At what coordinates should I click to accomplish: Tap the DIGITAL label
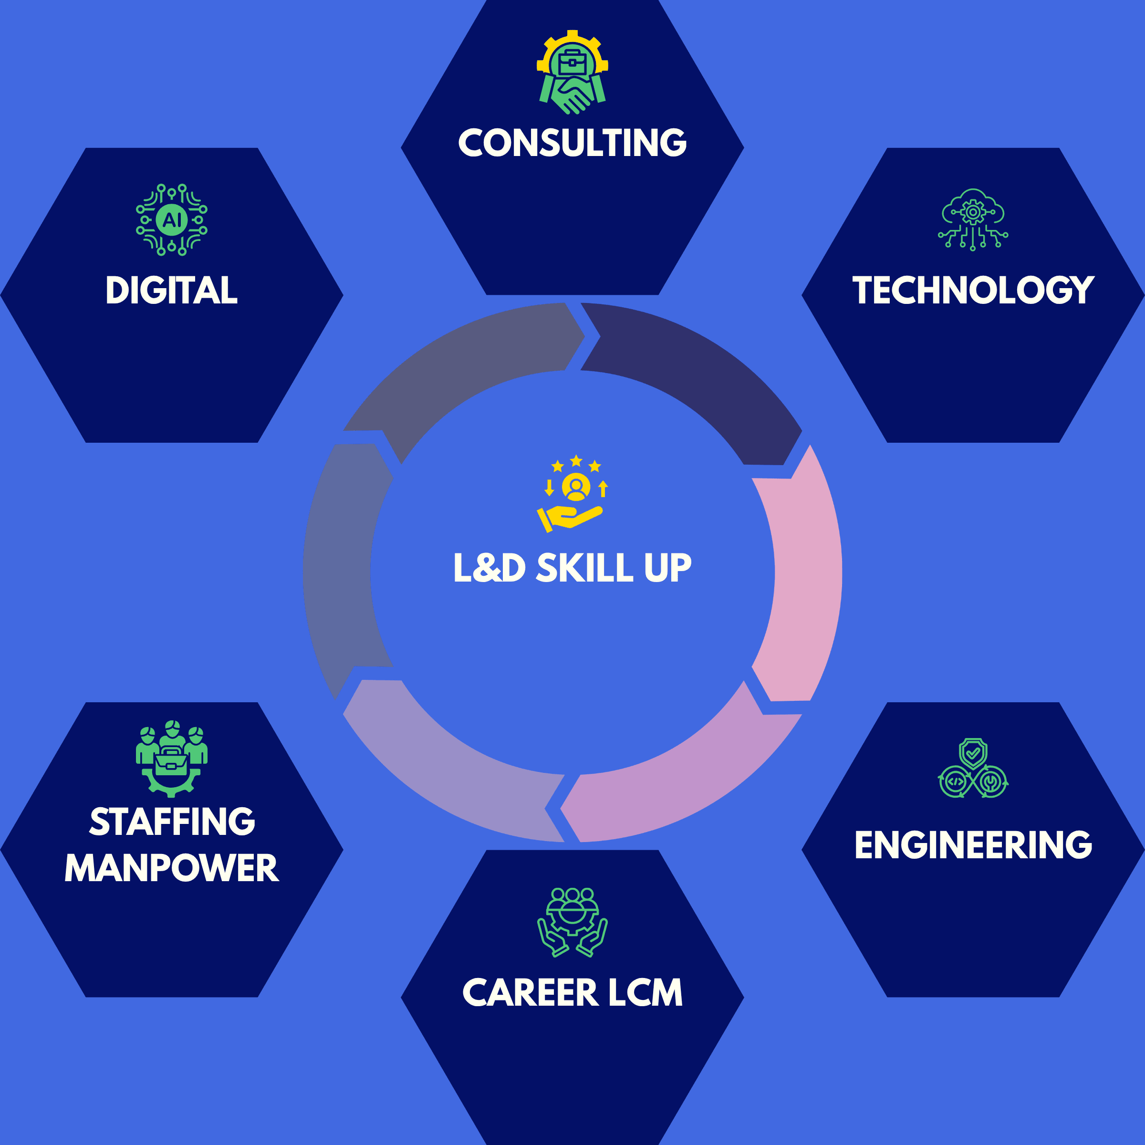pos(171,291)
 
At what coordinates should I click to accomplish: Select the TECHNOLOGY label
pos(973,291)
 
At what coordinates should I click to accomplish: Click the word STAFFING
pos(172,822)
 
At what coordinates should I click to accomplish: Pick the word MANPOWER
pos(171,868)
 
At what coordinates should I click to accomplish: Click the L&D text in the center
pos(489,568)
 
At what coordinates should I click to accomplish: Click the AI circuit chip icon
pos(171,220)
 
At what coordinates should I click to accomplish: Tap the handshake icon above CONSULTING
pos(572,73)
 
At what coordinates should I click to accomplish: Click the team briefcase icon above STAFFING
pos(171,759)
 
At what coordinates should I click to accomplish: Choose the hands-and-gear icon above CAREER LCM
pos(572,922)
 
